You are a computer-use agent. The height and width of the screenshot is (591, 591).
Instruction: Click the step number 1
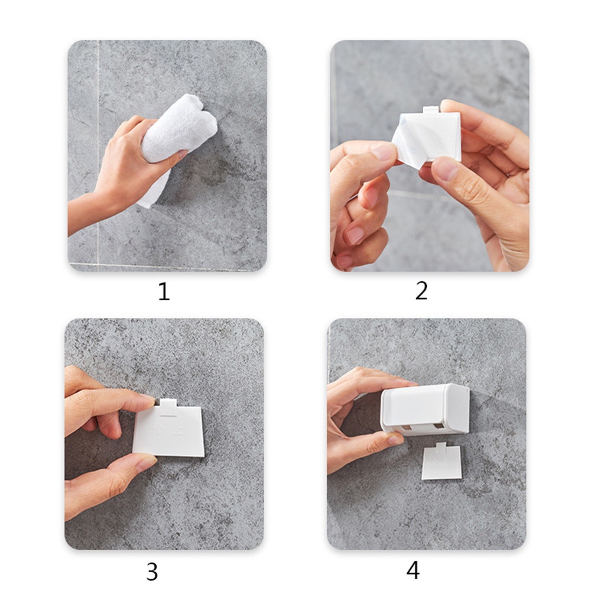click(164, 291)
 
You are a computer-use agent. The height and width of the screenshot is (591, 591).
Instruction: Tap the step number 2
click(421, 291)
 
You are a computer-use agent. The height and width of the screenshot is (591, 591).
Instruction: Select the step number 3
click(152, 571)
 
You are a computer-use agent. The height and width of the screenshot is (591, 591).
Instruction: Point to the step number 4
click(413, 570)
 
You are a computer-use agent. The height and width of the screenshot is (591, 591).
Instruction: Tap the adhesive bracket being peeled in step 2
click(430, 136)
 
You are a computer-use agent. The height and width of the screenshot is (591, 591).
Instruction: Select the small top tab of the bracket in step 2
click(431, 110)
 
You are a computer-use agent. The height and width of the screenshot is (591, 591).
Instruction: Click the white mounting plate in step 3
click(169, 430)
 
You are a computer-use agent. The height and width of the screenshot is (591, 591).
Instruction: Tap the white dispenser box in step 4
click(425, 410)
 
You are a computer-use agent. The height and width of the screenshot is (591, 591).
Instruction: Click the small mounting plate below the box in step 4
click(441, 462)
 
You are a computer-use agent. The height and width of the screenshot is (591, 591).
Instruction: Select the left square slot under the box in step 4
click(407, 427)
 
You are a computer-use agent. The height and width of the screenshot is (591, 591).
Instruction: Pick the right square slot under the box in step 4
click(439, 426)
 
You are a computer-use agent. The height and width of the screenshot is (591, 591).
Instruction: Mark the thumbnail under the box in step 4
click(395, 440)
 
